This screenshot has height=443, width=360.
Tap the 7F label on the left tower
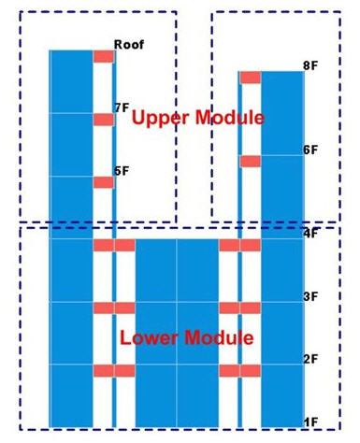(122, 108)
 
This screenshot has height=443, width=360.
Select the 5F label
(122, 171)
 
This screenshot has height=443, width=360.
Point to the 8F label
(311, 65)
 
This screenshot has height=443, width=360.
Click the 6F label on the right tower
(311, 150)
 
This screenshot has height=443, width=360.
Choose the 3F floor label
(311, 296)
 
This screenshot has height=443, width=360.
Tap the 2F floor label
(311, 359)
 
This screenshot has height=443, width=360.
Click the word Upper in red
(155, 118)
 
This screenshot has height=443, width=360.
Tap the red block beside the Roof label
(103, 57)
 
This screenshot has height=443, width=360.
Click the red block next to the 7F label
(103, 120)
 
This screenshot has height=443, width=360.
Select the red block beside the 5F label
(103, 182)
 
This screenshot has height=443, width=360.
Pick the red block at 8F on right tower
(250, 78)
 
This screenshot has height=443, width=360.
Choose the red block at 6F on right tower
(250, 161)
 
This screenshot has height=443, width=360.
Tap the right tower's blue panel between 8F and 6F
(282, 112)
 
